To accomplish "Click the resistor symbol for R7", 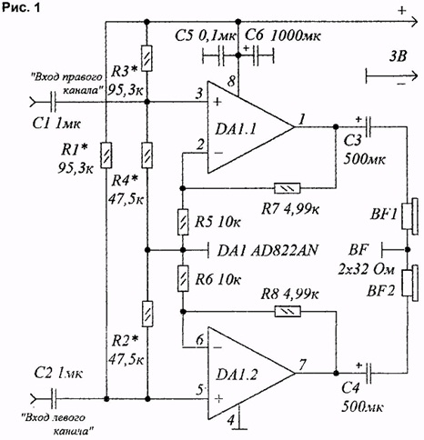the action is tap(287, 188).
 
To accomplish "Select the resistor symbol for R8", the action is tap(288, 311).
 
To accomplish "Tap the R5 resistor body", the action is tap(183, 222).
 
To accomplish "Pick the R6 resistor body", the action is tap(183, 278).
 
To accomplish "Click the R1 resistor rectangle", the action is tap(106, 155).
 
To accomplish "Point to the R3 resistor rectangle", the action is tap(146, 58).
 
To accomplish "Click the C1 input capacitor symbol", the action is tap(53, 102).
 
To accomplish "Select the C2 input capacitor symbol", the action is tap(54, 398).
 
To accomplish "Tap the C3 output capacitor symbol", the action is tap(368, 126).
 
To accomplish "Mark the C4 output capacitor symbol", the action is tap(368, 373).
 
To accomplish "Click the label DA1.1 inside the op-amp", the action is tap(236, 129).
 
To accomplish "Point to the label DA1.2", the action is tap(237, 375).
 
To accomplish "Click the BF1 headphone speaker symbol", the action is tap(410, 216).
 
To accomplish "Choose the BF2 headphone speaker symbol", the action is tap(410, 283).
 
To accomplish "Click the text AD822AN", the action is tap(285, 251).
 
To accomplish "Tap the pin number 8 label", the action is tap(231, 82).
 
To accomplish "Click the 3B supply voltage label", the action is tap(398, 56).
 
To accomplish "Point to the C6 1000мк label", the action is tap(283, 36).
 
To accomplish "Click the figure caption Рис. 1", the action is tap(21, 7).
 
